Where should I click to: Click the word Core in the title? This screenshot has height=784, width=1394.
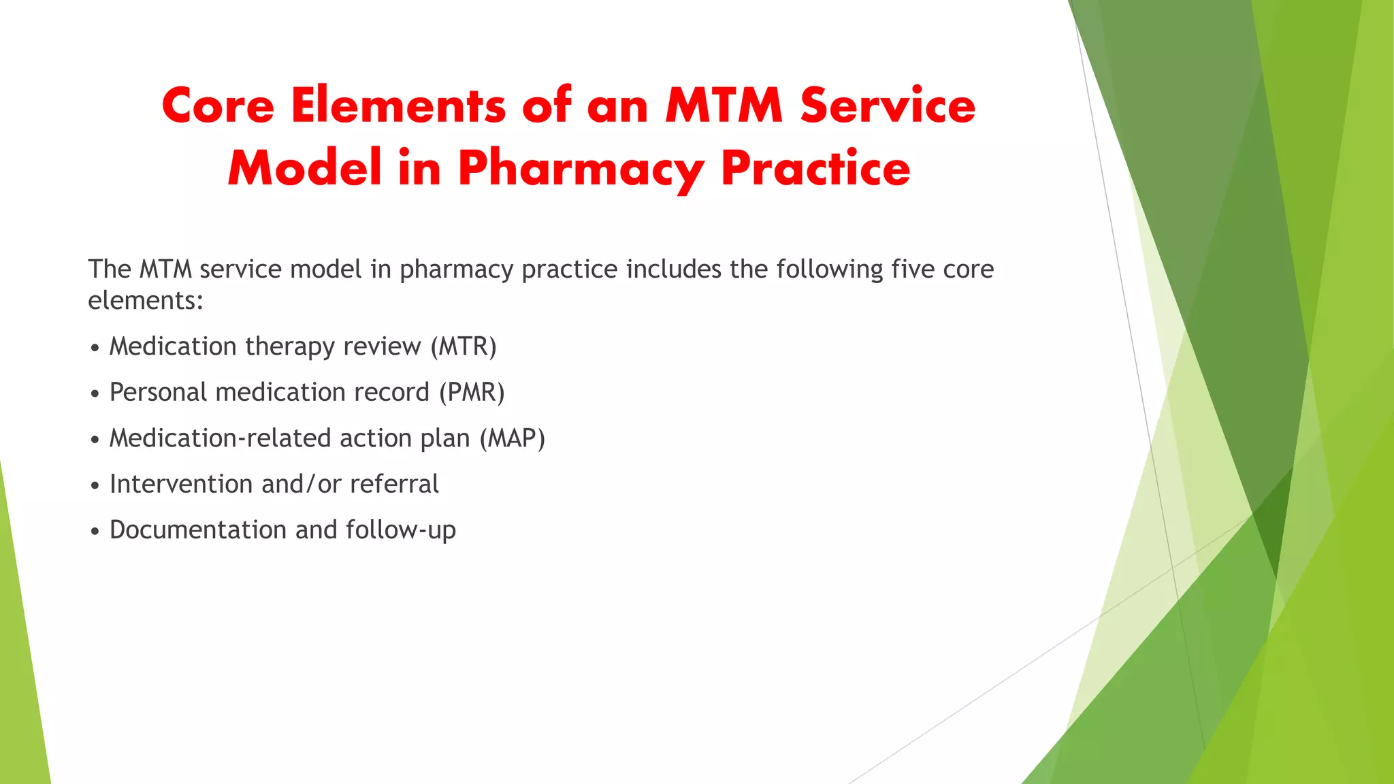(218, 106)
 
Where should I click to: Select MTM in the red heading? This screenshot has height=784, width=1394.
(724, 106)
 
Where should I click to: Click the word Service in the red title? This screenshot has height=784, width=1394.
(888, 106)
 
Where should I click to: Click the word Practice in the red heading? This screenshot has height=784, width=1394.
(815, 168)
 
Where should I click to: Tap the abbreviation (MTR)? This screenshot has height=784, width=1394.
(464, 346)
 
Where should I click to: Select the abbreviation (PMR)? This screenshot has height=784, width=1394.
(472, 393)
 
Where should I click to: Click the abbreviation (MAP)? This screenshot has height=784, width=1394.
(512, 438)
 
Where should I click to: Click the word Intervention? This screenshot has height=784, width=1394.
(181, 484)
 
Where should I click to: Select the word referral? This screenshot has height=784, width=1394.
(394, 484)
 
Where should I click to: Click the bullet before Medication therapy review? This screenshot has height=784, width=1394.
(95, 348)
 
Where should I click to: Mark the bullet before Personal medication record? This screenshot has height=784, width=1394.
(95, 394)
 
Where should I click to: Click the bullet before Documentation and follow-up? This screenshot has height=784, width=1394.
(95, 532)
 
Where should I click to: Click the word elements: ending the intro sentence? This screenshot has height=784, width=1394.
(146, 300)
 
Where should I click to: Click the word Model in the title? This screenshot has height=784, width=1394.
(304, 168)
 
